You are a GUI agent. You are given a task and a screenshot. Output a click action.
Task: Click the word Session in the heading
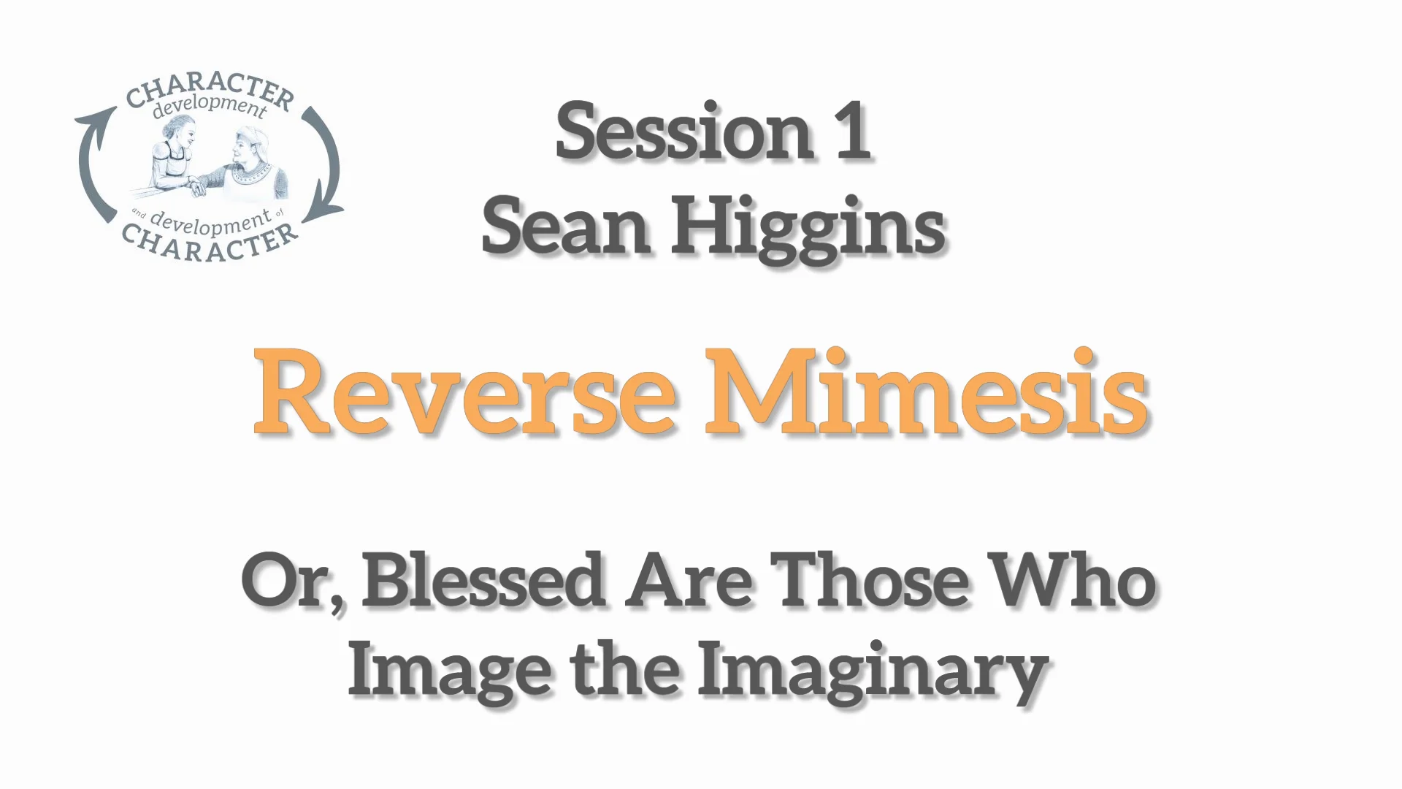pos(682,132)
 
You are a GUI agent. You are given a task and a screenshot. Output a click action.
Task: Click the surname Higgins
pos(808,229)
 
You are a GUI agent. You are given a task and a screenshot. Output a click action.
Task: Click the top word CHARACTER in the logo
pos(210,91)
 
